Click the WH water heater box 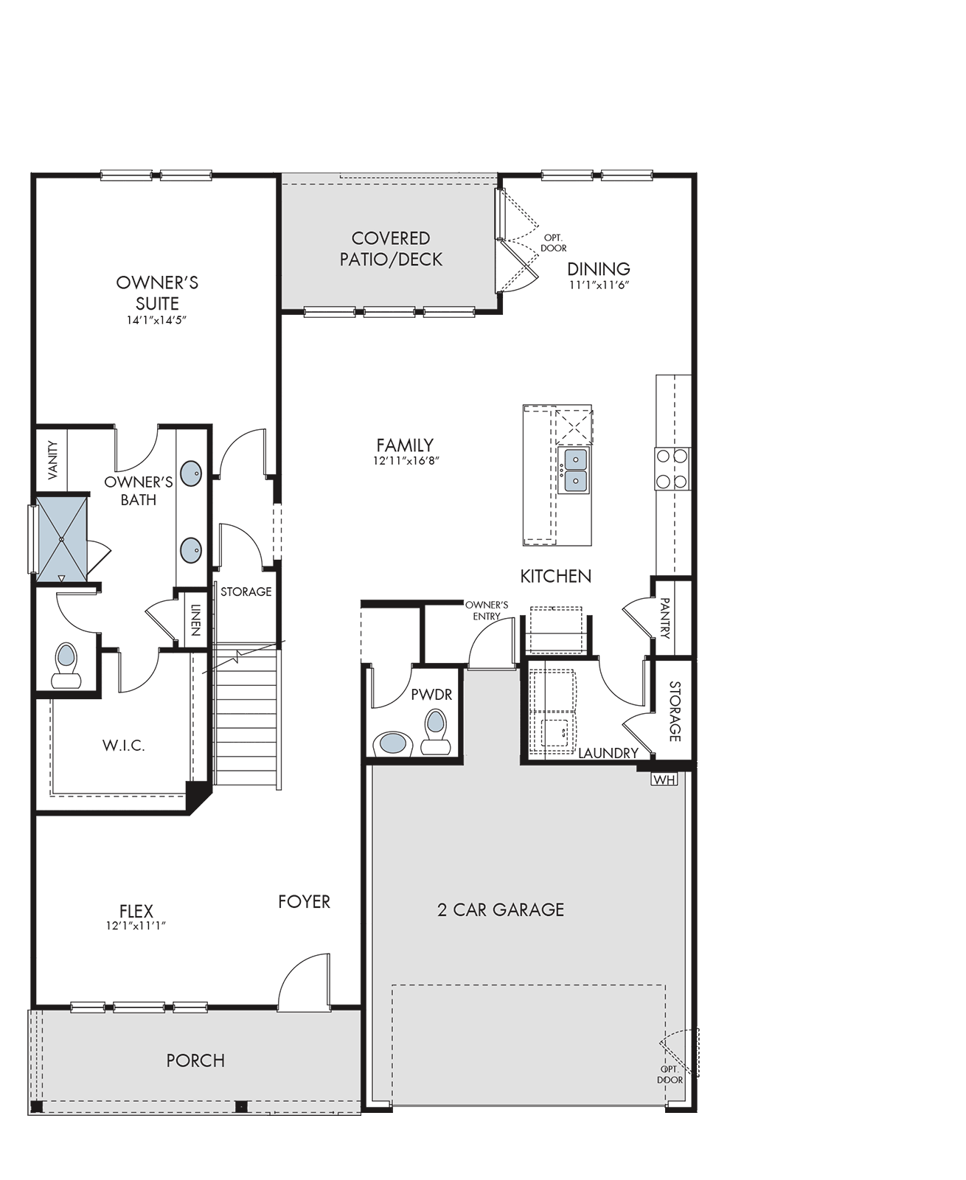664,779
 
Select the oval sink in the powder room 393,743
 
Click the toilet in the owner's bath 66,665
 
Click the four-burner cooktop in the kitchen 673,469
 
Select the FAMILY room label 405,445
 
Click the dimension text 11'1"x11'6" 600,285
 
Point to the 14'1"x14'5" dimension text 156,321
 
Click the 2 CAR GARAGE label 501,910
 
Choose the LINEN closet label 195,620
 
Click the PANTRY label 665,618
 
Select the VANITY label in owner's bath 52,459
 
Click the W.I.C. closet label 124,746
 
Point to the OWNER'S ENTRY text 487,611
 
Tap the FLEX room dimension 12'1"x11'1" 136,926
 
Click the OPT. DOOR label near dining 553,243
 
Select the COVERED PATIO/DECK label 391,249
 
